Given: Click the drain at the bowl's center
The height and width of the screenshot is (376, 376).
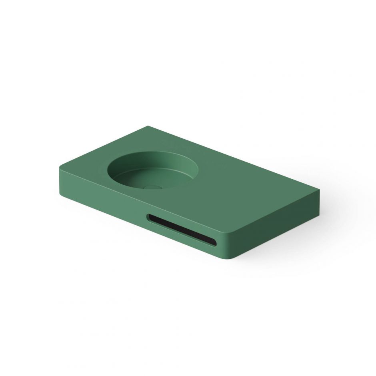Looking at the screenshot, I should point(151,186).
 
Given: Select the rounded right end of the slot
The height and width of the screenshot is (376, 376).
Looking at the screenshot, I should point(214,242).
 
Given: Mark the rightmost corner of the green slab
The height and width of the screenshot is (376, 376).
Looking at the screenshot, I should point(320,192).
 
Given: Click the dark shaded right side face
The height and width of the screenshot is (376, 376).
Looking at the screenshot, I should point(280,224).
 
